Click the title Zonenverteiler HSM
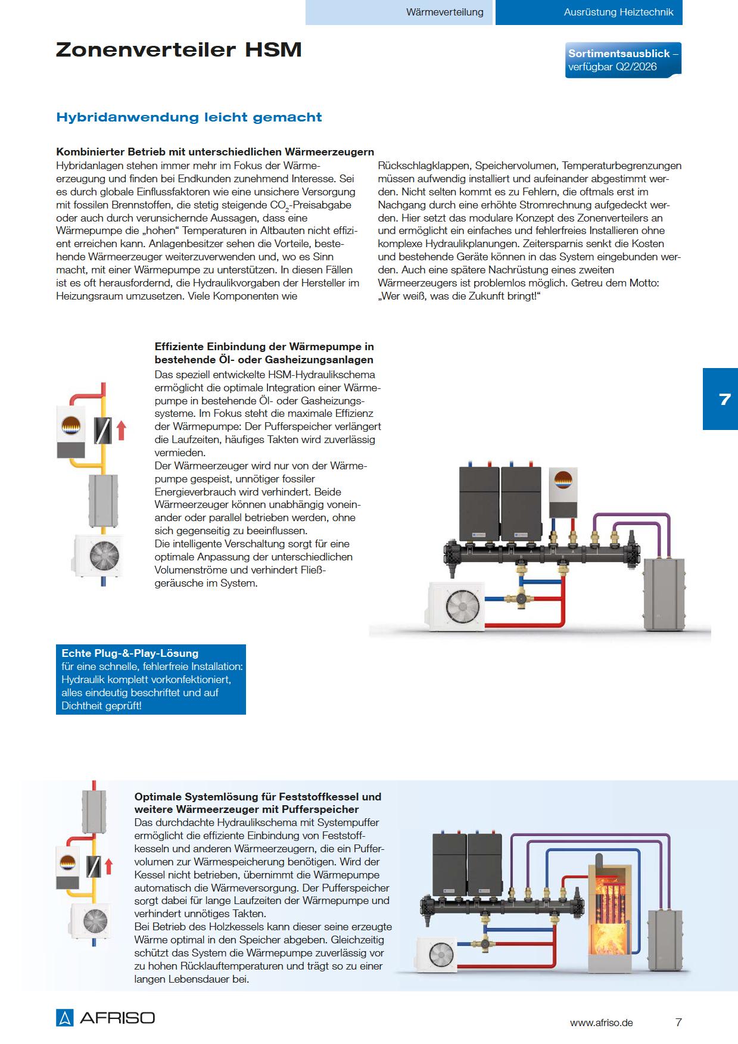179,50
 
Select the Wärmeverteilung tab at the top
444,12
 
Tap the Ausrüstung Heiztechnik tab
618,12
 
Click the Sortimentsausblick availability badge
623,60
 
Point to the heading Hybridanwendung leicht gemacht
189,117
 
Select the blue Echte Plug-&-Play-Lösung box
151,679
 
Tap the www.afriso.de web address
601,1023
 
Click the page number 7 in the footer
678,1023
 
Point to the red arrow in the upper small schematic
122,429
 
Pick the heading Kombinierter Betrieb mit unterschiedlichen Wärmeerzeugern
215,152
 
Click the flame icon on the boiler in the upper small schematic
71,425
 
